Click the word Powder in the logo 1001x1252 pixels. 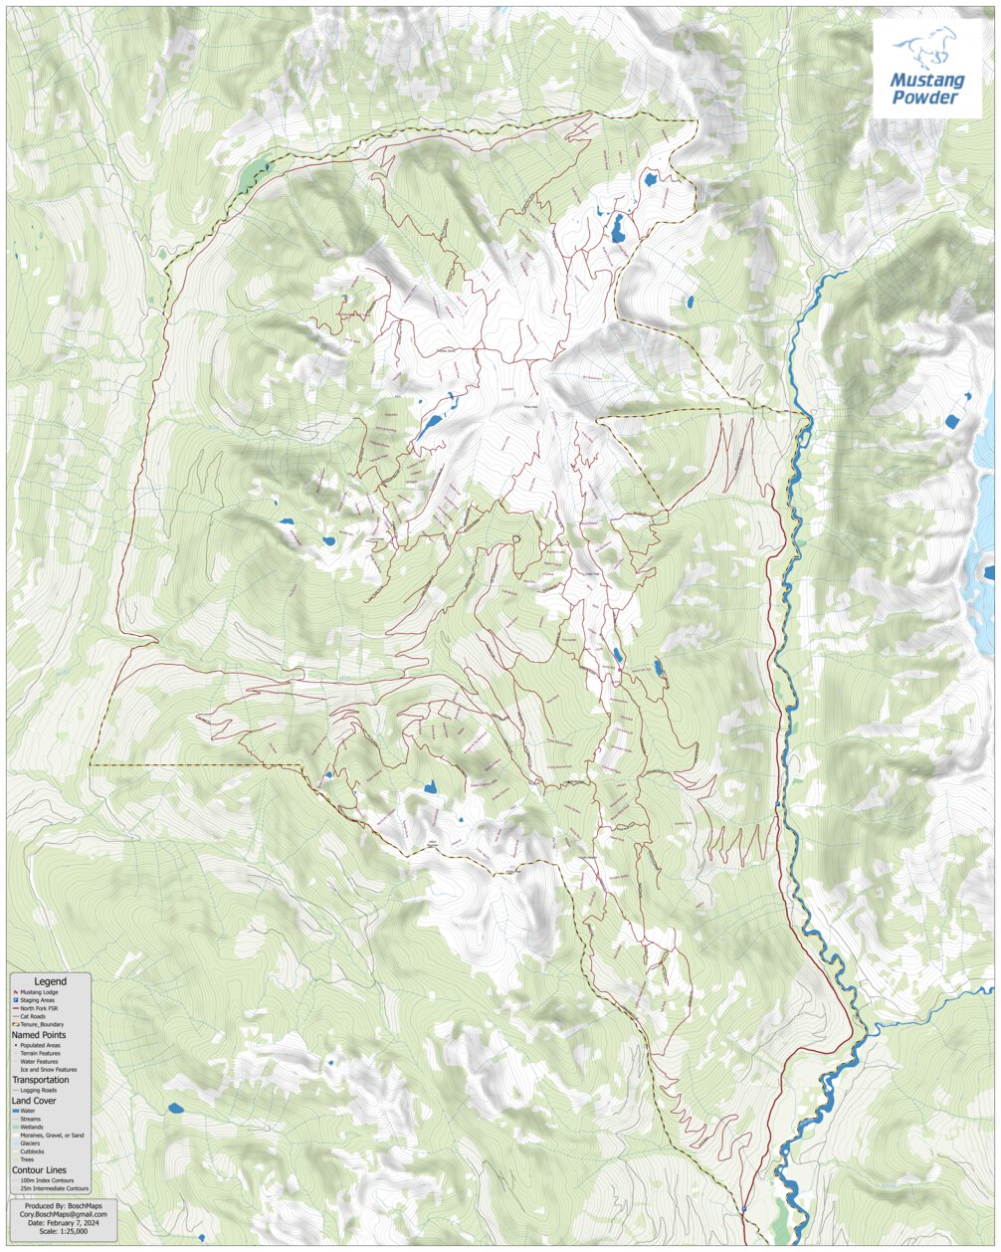coord(925,98)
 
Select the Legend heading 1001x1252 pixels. coord(51,981)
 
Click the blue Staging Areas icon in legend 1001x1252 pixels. coord(16,1000)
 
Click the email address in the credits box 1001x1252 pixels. coord(64,1214)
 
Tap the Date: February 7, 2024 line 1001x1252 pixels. coord(64,1223)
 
